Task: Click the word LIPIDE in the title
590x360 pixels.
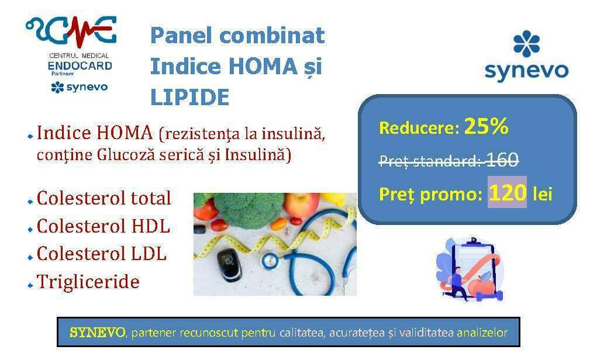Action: (189, 97)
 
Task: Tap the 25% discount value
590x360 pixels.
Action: (486, 126)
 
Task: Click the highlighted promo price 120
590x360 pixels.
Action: (507, 192)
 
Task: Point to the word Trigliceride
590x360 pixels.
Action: (88, 282)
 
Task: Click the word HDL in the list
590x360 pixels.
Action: (150, 226)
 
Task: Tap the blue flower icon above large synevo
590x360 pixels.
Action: (526, 44)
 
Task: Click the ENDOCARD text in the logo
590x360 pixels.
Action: (80, 66)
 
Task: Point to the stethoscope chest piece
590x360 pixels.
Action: (271, 261)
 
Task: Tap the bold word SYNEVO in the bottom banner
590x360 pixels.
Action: (98, 333)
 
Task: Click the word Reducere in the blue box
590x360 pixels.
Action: (419, 128)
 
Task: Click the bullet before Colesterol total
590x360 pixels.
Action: (30, 202)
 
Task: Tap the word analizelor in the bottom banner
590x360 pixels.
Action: (482, 333)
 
